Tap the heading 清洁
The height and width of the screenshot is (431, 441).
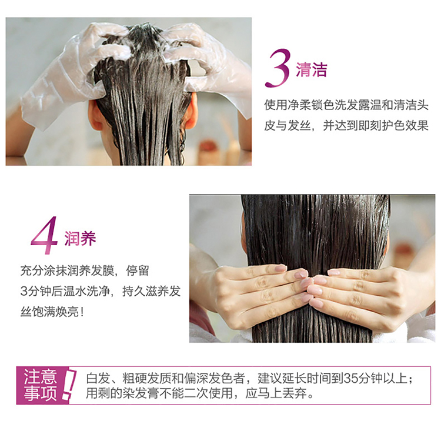pos(311,69)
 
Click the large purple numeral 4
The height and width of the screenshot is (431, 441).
pos(44,235)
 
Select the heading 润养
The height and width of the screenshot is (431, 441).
pos(80,239)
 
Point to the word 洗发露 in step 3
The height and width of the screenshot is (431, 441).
pos(352,105)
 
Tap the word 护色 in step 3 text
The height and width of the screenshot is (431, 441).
pos(393,125)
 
